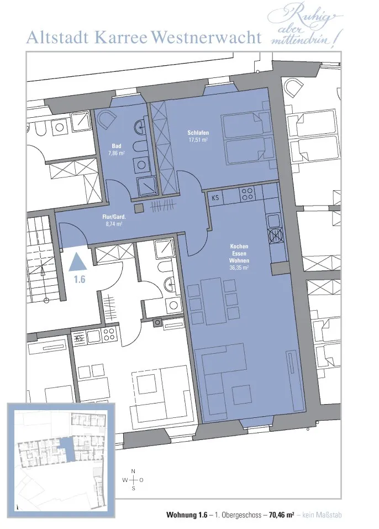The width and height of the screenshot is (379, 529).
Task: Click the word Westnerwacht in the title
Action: point(207,38)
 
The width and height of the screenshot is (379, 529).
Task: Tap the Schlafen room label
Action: point(198,133)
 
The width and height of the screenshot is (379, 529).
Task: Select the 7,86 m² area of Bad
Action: point(117,153)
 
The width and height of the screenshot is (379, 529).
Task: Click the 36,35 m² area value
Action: point(239,268)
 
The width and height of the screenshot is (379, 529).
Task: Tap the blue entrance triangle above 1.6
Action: point(78,261)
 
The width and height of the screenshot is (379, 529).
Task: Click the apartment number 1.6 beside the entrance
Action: point(80,279)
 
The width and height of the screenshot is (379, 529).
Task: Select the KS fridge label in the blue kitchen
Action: point(215,197)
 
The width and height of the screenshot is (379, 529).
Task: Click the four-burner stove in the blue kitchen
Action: point(247,193)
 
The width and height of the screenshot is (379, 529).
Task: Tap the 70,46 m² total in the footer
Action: point(282,515)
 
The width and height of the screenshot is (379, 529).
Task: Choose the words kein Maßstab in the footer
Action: point(322,515)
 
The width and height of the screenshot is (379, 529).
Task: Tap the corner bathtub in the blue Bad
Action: point(106,119)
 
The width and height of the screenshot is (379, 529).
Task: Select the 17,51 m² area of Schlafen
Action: point(198,140)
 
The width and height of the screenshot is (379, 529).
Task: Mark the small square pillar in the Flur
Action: point(139,208)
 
